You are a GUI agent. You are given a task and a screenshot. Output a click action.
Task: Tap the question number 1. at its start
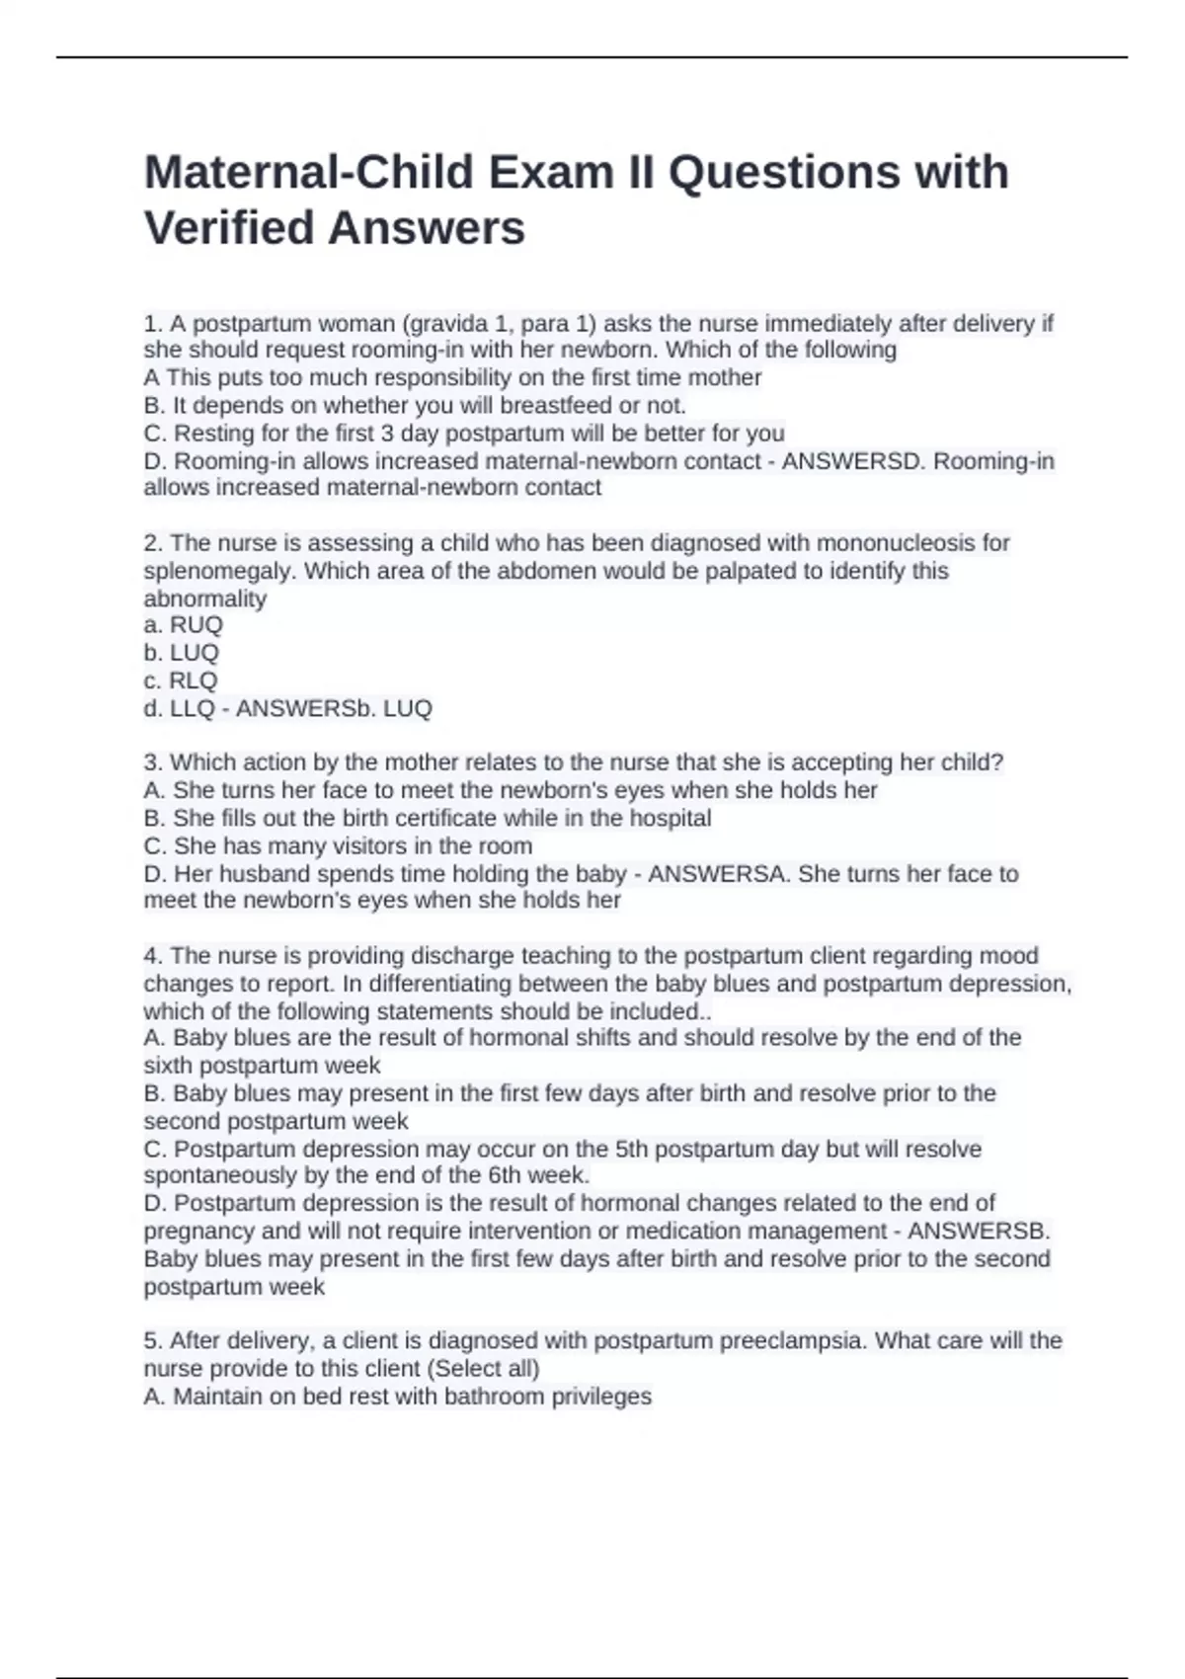153,324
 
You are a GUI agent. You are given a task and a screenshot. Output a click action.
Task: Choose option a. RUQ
184,625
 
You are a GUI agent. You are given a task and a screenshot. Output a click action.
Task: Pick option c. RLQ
181,680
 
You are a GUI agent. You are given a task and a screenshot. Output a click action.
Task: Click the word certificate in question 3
443,818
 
